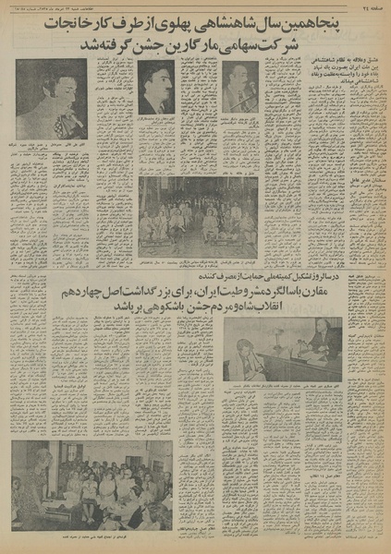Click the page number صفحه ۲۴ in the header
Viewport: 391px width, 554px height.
click(371, 6)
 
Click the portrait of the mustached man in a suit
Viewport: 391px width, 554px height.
click(156, 87)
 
